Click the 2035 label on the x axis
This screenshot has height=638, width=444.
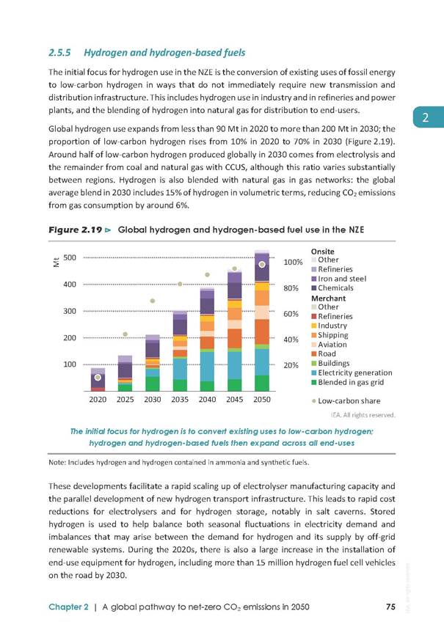pos(180,400)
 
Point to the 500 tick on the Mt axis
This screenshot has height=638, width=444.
pos(70,257)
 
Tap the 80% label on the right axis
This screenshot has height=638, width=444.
pos(291,288)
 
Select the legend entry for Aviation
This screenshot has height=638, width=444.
pos(329,345)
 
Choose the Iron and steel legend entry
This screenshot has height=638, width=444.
pos(339,279)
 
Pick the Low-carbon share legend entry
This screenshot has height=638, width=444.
pos(346,401)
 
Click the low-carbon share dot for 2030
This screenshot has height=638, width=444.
pos(153,301)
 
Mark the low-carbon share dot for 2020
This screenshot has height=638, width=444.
pos(98,378)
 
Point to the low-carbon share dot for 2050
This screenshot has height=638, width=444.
pos(262,265)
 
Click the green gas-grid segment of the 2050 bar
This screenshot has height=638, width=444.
pos(262,383)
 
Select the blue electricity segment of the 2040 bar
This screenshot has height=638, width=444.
pos(208,367)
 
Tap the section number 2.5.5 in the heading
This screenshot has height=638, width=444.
pos(59,53)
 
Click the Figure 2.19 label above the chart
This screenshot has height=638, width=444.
pos(76,230)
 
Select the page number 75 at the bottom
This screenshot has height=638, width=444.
pos(390,606)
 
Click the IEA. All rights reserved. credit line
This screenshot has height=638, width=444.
pos(363,415)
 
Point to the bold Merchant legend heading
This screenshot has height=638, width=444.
pos(328,298)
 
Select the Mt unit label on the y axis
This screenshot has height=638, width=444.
pos(57,263)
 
